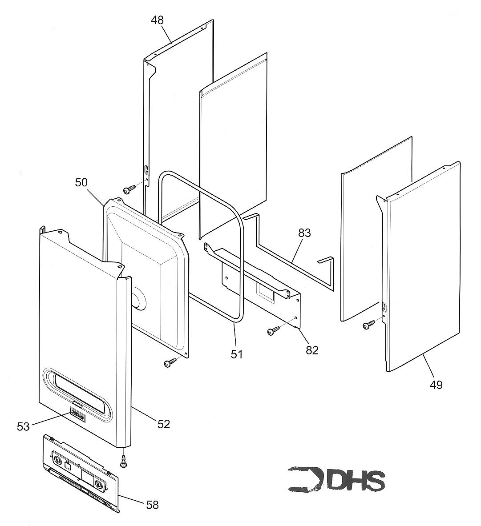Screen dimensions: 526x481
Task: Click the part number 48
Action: coord(157,20)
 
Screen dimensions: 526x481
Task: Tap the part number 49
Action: coord(437,384)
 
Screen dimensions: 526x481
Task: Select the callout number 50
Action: coord(81,182)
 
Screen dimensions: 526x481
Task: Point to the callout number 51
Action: coord(237,354)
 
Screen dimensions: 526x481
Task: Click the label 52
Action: coord(163,424)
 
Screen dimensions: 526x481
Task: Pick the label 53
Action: coord(23,426)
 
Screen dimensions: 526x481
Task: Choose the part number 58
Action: coord(152,505)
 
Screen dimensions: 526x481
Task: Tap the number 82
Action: coord(312,350)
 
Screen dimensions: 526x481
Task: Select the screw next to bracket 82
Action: coord(273,330)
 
